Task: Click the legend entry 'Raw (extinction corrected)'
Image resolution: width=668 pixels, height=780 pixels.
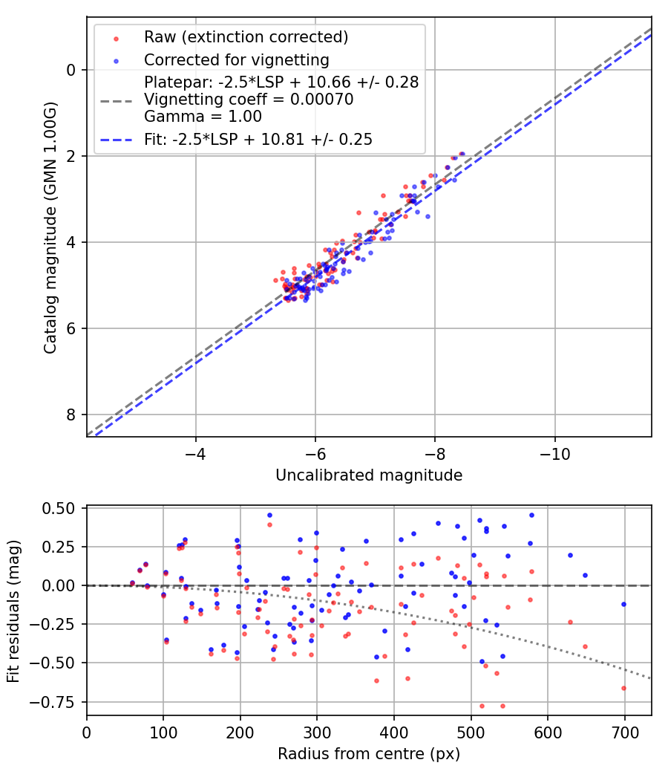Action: pos(246,37)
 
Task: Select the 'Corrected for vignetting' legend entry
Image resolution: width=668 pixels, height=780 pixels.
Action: pos(237,59)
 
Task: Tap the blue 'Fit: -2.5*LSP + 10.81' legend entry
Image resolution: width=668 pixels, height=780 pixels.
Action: pos(258,139)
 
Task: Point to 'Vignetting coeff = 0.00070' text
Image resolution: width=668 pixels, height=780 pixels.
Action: pos(249,100)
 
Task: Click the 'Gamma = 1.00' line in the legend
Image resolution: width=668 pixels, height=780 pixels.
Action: pos(203,117)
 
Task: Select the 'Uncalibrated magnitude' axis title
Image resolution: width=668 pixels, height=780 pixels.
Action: pos(369,475)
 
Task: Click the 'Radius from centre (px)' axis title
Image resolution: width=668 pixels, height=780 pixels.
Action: pos(369,754)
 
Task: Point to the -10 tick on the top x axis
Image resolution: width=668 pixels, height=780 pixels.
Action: pos(554,453)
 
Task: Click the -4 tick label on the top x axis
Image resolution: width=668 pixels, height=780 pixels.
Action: pos(196,453)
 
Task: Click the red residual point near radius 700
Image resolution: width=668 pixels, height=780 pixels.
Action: pos(623,688)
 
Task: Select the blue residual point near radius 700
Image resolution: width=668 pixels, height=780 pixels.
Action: pos(623,604)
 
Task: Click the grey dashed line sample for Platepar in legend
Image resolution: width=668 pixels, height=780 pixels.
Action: pos(117,99)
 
